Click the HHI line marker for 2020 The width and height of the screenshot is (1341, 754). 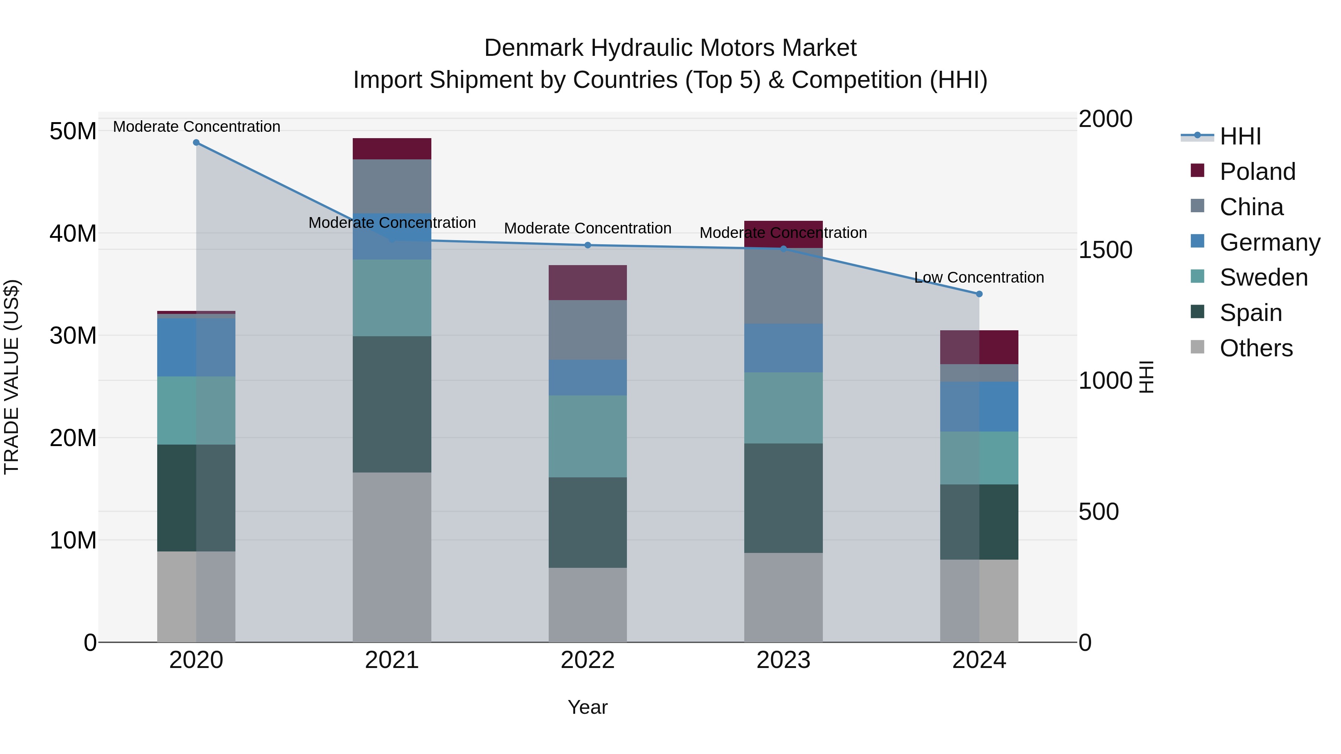point(196,143)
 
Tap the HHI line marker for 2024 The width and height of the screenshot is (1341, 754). point(979,294)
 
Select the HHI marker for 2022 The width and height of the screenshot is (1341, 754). point(588,245)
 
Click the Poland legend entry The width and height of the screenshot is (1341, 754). point(1257,172)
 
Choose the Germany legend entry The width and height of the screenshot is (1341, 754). point(1269,242)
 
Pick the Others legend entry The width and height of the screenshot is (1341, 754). point(1256,348)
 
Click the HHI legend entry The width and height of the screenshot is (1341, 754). point(1240,136)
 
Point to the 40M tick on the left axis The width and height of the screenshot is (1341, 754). point(73,233)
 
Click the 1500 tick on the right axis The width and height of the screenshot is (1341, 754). point(1105,250)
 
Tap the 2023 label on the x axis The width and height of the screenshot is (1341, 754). point(783,660)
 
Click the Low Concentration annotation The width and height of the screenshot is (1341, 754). point(979,277)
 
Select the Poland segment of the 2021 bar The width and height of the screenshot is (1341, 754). point(392,149)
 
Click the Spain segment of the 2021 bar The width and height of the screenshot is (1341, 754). point(392,404)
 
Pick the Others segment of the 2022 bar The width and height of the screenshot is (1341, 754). point(588,605)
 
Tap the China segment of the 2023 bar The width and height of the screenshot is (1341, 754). point(783,286)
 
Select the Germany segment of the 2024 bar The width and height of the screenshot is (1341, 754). point(979,406)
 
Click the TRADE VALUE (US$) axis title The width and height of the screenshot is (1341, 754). point(12,377)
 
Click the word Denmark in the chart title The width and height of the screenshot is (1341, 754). point(533,48)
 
